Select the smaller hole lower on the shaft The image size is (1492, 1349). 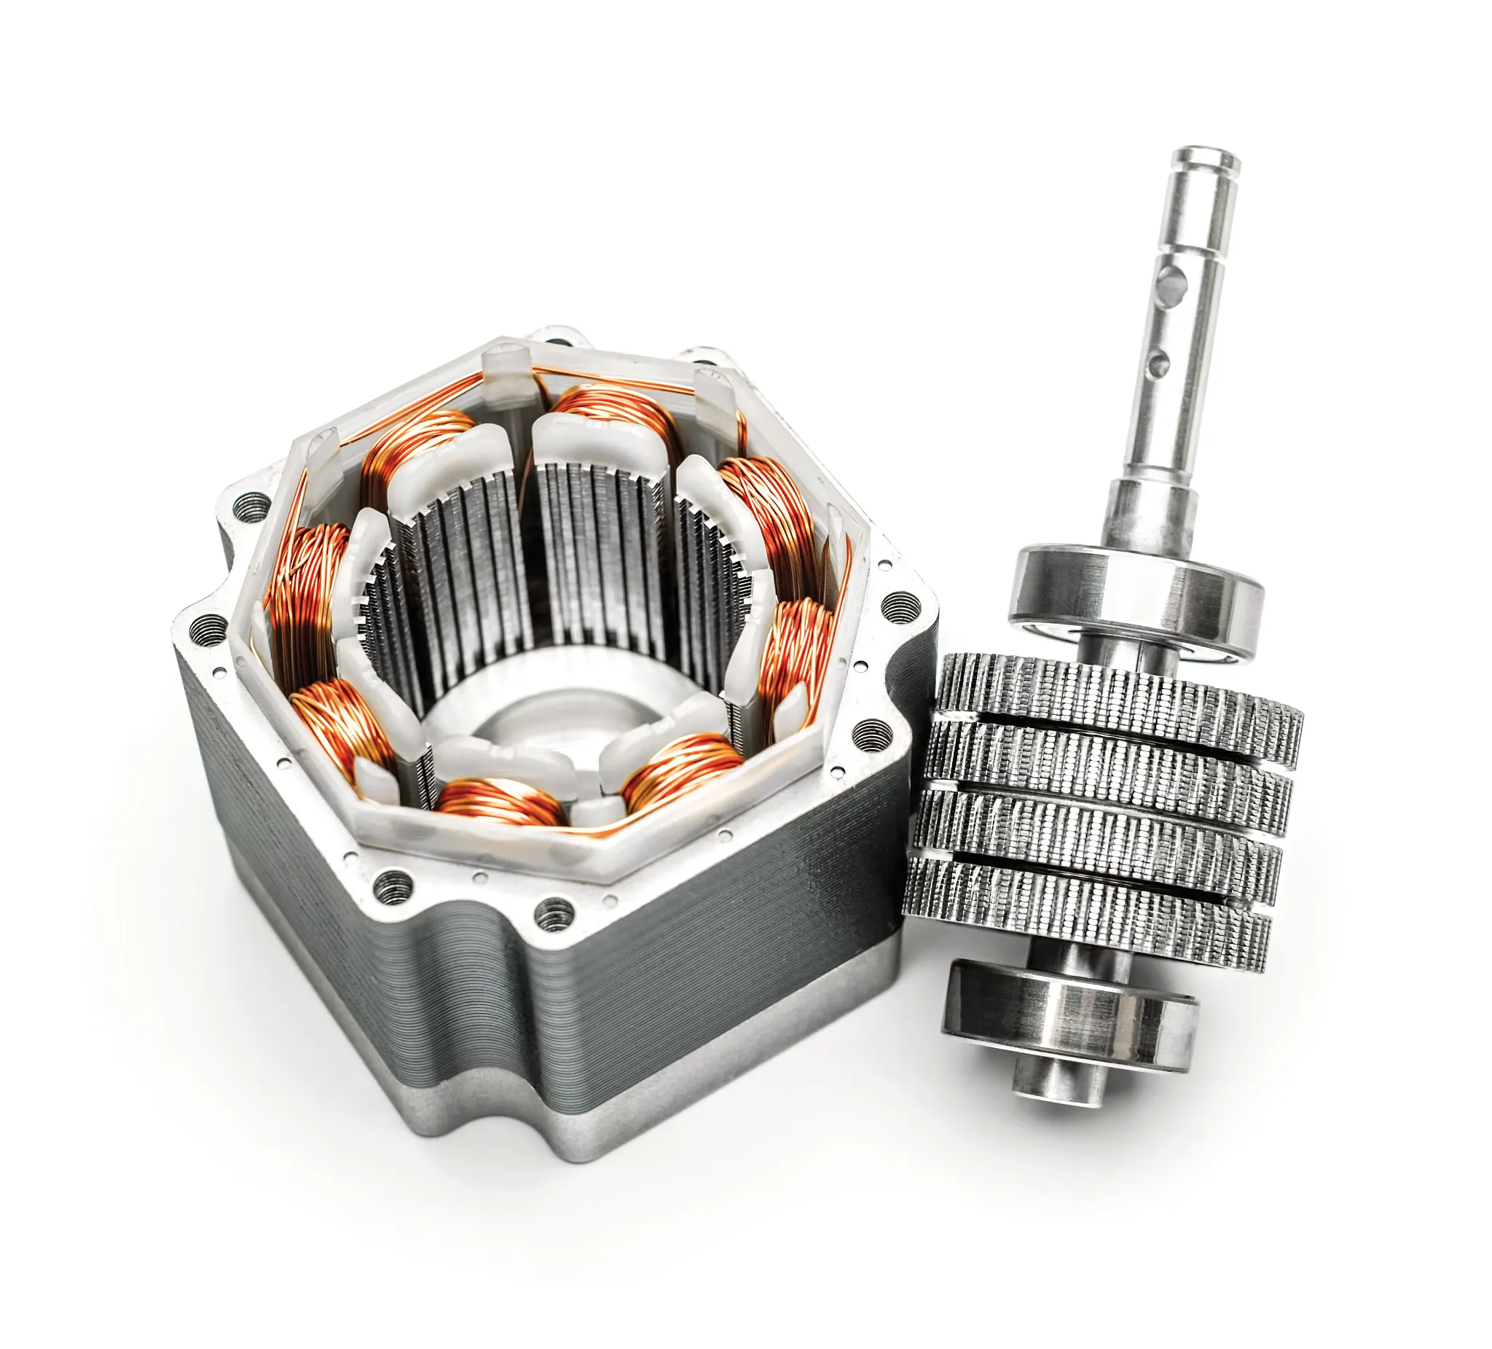pos(1161,361)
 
